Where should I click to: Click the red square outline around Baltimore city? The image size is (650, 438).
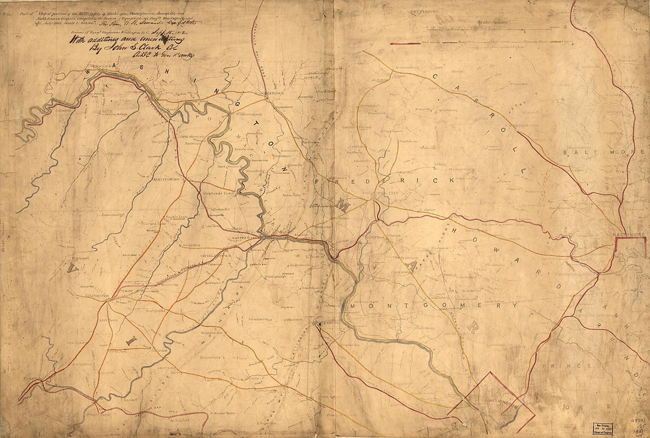coord(630,247)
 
